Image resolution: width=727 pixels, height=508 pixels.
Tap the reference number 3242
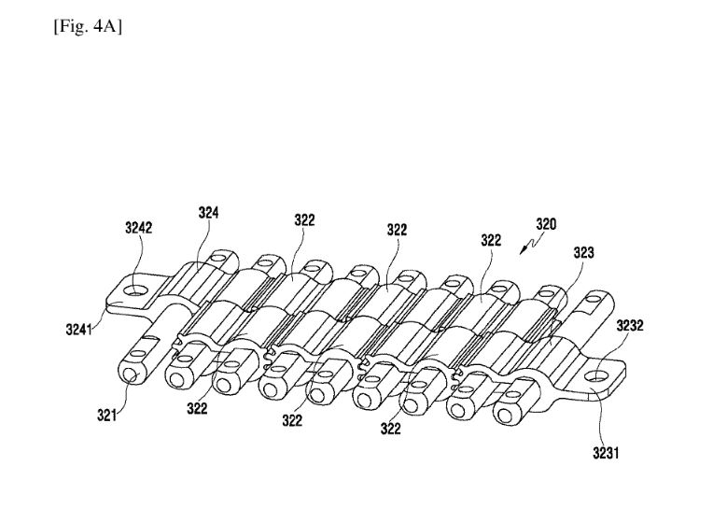138,227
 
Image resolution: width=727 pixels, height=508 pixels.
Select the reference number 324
208,212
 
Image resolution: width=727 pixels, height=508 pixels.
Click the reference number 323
584,252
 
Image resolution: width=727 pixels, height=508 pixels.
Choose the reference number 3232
632,326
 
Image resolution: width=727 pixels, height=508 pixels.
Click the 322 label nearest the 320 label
492,240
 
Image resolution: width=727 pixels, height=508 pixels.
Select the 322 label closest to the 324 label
304,220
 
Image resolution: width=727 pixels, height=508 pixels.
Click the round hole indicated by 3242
136,290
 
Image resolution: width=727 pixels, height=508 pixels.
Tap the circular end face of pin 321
130,374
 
